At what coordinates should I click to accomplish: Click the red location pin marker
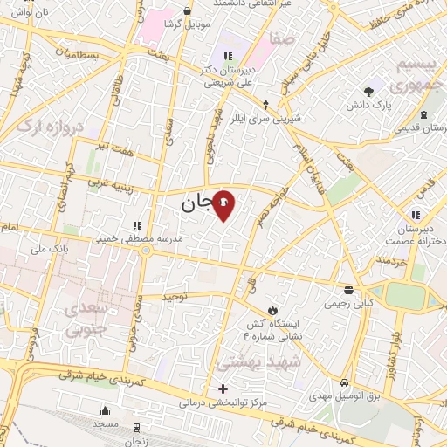coord(223,205)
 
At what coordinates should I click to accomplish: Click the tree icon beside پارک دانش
coord(370,90)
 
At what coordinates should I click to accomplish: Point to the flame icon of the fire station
coord(273,310)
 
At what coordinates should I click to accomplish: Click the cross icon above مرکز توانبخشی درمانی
coord(223,389)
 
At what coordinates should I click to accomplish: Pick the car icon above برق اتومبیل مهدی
coord(346,383)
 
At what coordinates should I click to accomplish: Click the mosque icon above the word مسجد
coord(107,411)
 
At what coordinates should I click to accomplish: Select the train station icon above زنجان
coord(137,427)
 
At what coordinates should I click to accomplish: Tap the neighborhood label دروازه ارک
coord(52,136)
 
